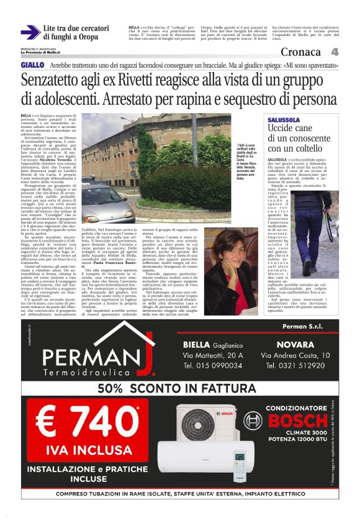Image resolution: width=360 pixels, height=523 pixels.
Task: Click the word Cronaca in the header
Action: point(302,52)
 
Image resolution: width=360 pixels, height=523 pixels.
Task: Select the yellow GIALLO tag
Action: point(32,65)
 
